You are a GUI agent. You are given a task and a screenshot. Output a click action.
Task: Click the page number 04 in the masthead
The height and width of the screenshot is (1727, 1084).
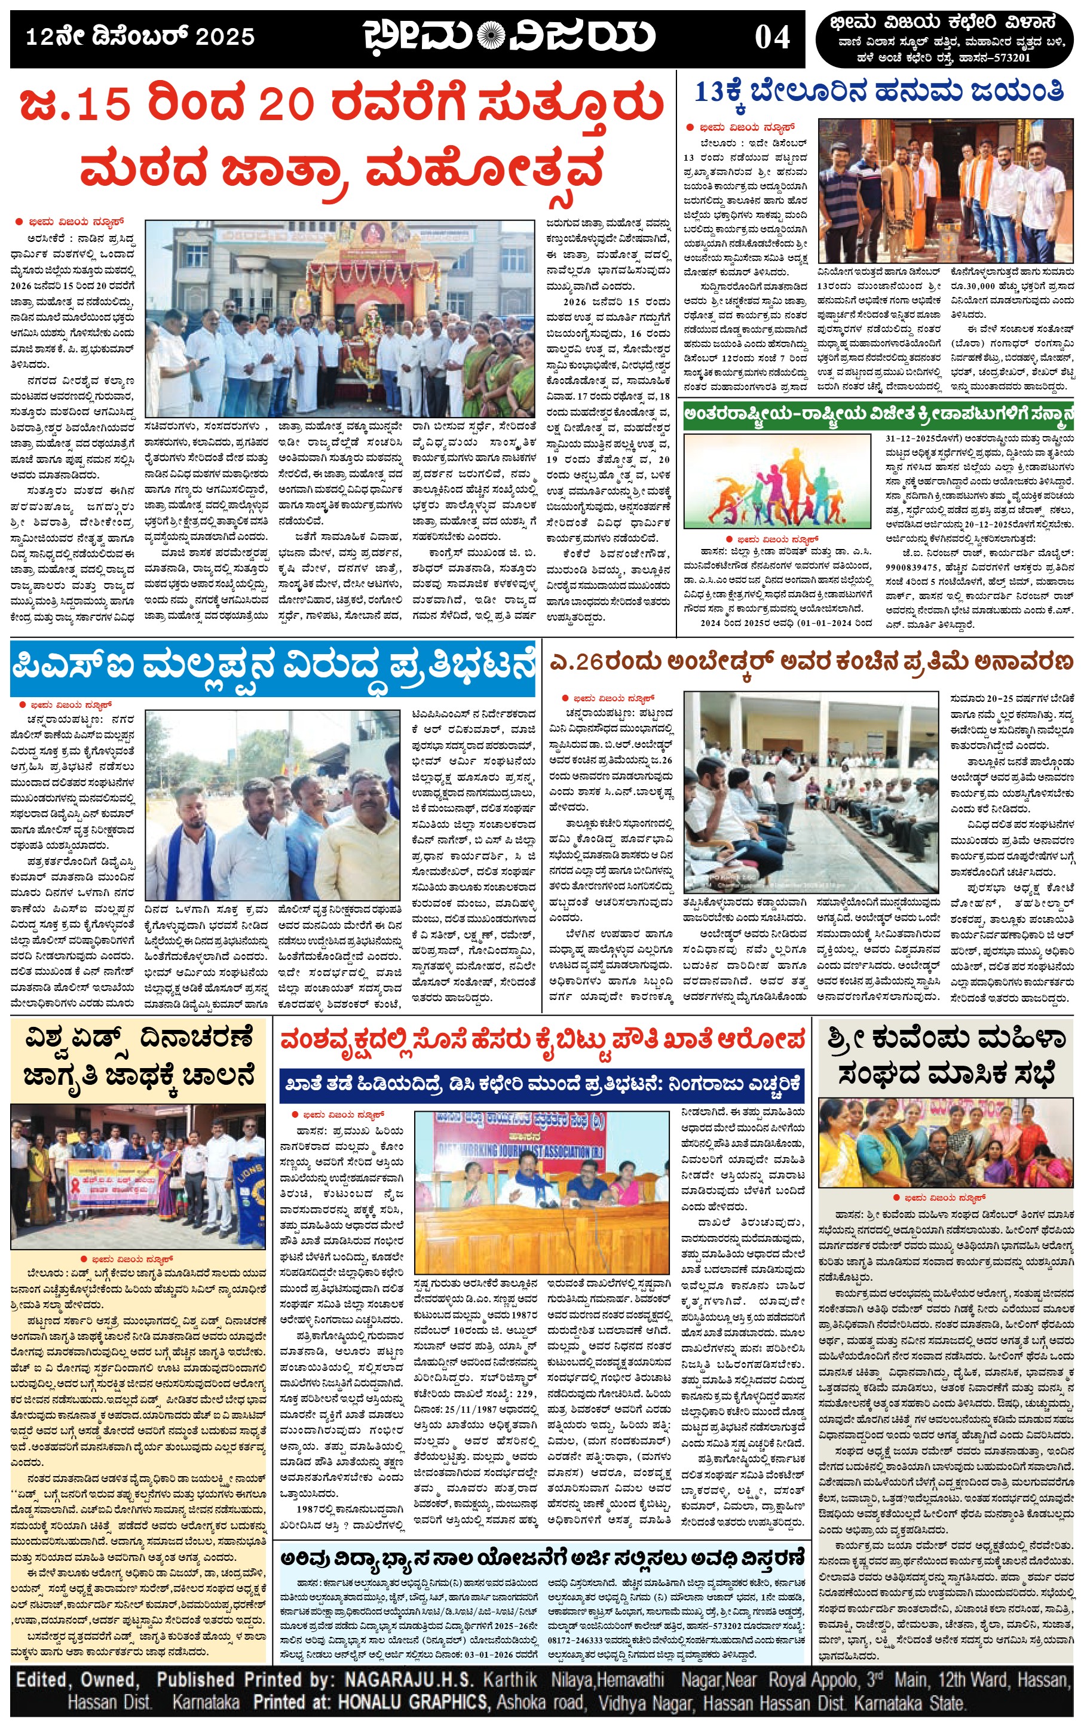[x=772, y=37]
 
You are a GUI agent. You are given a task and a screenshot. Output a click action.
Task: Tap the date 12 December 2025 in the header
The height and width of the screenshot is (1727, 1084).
[x=140, y=36]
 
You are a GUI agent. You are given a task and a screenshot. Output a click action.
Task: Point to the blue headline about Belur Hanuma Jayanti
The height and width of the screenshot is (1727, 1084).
[x=879, y=93]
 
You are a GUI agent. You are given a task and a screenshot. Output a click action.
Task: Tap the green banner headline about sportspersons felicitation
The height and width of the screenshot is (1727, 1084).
[x=878, y=414]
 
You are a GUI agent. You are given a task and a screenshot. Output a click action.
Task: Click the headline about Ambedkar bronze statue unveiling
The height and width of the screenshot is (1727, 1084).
[x=810, y=662]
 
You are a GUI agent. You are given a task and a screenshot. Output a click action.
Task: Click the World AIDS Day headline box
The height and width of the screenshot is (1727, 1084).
[x=139, y=1057]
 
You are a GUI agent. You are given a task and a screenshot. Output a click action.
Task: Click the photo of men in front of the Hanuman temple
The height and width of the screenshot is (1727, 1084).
[x=945, y=190]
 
